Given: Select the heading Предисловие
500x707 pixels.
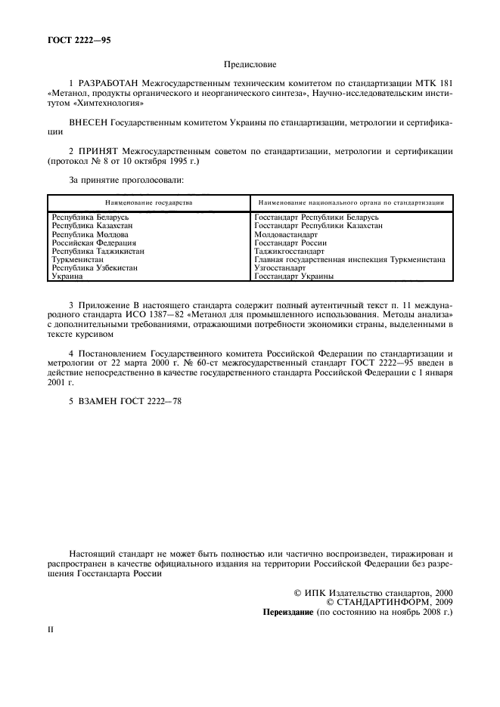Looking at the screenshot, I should pyautogui.click(x=250, y=66).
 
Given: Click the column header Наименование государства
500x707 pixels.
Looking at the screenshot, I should pyautogui.click(x=148, y=202).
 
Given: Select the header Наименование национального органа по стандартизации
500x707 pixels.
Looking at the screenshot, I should pyautogui.click(x=350, y=202).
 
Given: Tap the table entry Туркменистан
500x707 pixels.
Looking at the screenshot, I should pyautogui.click(x=77, y=259).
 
